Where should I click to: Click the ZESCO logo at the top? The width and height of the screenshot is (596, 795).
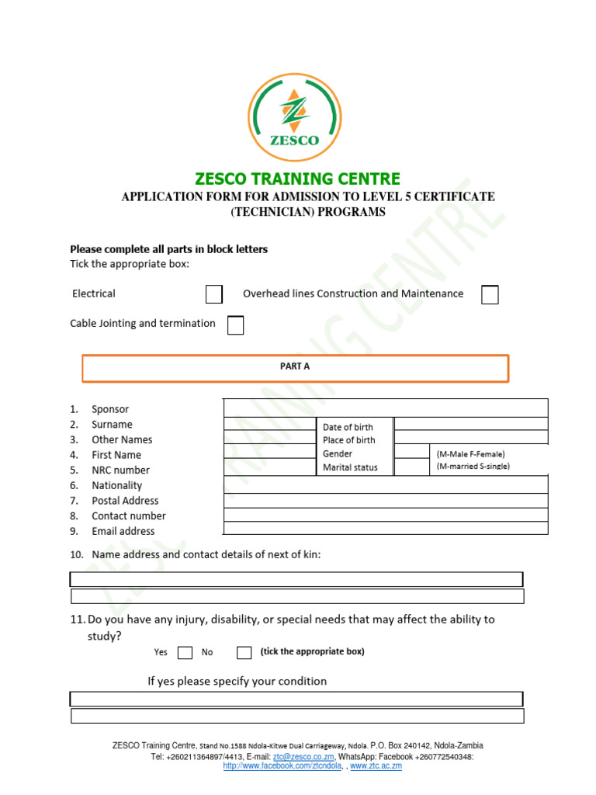293,116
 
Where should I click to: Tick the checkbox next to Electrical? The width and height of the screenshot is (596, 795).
213,294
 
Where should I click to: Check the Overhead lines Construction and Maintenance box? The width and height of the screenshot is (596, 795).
490,294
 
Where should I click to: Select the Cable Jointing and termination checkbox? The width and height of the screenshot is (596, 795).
235,325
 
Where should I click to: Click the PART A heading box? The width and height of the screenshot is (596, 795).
295,368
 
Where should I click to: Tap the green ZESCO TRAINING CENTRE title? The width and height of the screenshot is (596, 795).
298,179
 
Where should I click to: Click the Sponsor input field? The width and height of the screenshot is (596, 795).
386,408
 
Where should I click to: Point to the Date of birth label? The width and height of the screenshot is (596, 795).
348,427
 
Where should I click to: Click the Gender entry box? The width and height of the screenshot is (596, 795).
411,453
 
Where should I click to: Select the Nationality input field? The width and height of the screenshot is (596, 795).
386,485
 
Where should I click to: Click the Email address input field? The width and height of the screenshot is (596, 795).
386,529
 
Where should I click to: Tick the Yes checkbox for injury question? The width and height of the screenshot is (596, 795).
185,652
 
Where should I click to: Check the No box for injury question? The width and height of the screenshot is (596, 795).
244,652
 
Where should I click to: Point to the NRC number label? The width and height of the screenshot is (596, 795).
120,470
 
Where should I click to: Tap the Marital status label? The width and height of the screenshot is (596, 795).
350,467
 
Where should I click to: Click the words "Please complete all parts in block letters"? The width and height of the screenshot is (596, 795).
169,249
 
